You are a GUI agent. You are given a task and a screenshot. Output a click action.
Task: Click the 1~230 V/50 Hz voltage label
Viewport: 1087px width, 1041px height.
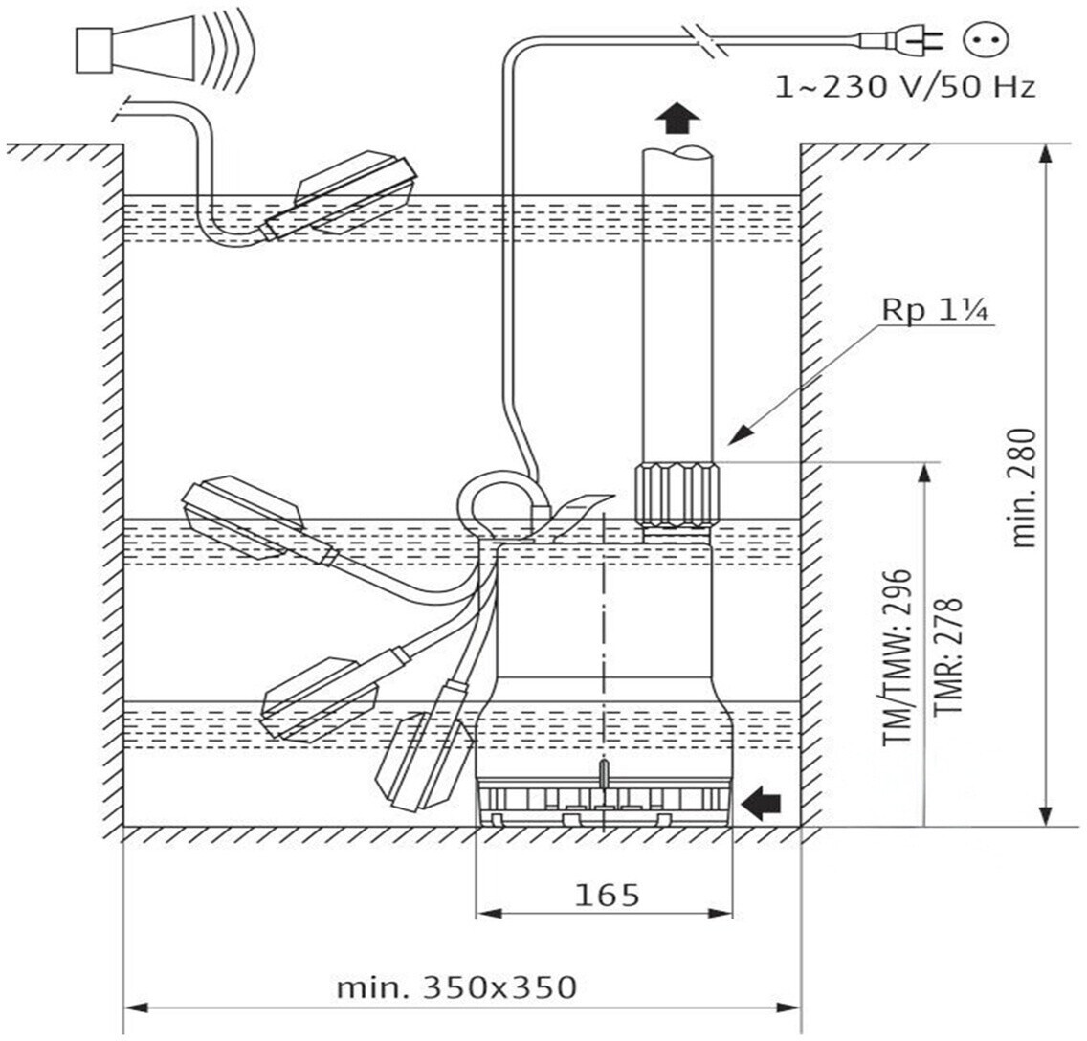[x=904, y=88]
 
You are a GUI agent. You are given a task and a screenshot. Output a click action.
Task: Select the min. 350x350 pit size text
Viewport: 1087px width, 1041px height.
[x=456, y=986]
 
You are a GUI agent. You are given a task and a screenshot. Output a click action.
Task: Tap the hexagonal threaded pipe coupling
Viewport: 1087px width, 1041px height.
[x=675, y=494]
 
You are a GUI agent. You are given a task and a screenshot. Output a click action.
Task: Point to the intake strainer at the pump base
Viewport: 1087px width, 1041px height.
[x=605, y=803]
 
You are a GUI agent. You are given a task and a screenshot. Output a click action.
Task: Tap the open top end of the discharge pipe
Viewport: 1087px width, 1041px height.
[x=677, y=153]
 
